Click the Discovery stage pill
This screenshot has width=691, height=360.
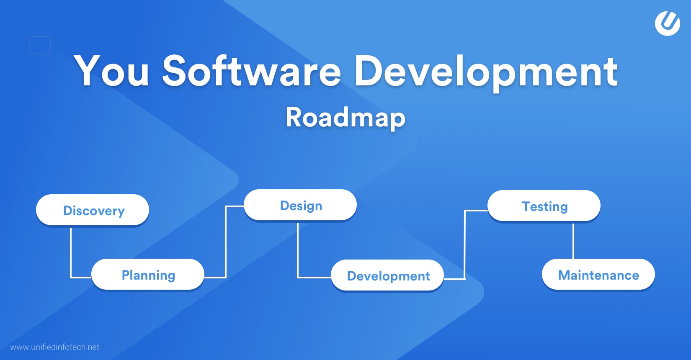click(x=93, y=210)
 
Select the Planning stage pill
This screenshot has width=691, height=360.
click(x=148, y=275)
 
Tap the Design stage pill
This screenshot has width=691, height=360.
click(x=300, y=205)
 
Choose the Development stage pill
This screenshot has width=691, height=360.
click(x=387, y=275)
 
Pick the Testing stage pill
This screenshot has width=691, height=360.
click(x=544, y=206)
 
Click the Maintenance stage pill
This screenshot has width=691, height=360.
click(x=598, y=275)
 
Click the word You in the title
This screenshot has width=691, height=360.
click(x=111, y=71)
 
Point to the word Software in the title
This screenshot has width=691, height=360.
click(x=251, y=71)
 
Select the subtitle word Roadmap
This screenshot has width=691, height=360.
click(x=345, y=117)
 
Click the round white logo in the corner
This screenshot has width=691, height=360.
click(x=667, y=23)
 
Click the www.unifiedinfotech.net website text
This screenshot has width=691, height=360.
click(x=55, y=347)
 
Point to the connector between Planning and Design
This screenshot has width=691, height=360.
click(x=226, y=243)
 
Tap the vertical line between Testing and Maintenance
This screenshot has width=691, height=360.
click(x=573, y=241)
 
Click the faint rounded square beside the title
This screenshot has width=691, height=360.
click(x=40, y=45)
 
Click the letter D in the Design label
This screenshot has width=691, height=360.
click(x=285, y=206)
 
